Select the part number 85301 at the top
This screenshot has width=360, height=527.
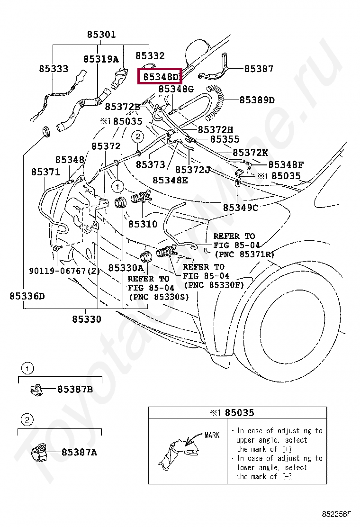101,35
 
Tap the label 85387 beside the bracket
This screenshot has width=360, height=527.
259,69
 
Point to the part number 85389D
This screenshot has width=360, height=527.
257,100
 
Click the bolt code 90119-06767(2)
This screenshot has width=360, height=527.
65,271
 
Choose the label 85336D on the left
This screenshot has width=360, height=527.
27,296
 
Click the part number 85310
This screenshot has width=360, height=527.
143,223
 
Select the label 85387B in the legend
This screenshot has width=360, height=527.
75,390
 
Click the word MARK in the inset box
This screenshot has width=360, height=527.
212,435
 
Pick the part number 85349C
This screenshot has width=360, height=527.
241,207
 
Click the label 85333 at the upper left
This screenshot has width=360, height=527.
54,69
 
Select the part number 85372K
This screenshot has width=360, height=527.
250,153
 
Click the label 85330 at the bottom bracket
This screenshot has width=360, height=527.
87,319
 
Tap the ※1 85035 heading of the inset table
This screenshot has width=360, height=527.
232,412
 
